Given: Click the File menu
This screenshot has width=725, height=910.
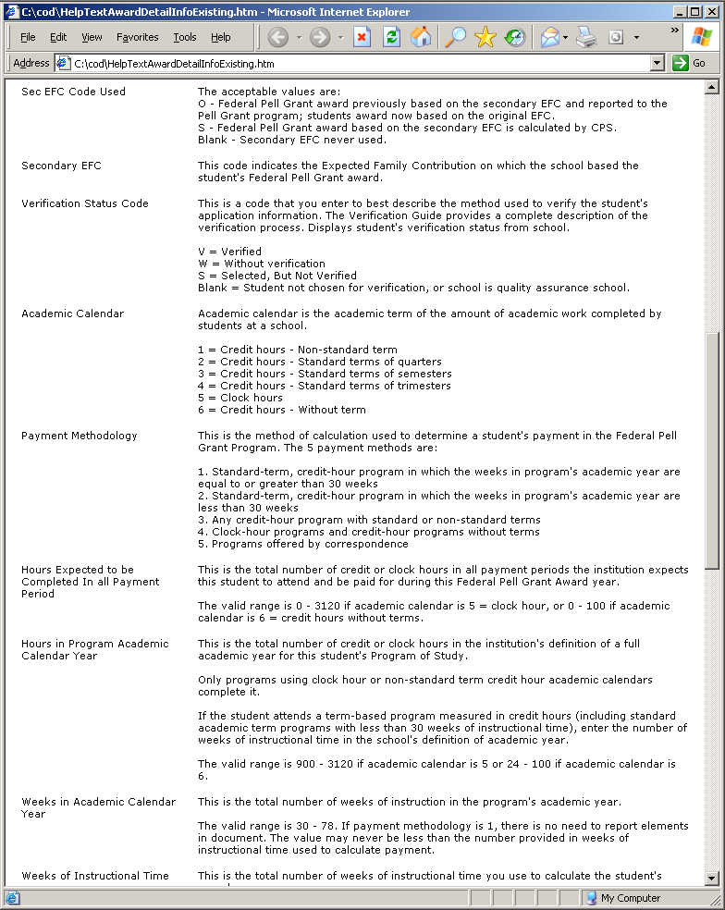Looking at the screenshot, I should [28, 37].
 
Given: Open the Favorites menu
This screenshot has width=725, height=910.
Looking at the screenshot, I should [137, 37].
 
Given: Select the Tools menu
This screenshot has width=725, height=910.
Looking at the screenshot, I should [185, 37].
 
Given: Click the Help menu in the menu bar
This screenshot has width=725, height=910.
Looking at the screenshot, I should [220, 37].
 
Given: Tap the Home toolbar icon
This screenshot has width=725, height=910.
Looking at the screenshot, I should [421, 37].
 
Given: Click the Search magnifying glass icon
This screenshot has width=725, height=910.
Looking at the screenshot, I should [455, 37].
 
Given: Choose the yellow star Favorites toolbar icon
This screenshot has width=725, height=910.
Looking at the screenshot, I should [485, 37].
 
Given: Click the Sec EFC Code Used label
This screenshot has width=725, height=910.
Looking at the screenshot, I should [73, 92].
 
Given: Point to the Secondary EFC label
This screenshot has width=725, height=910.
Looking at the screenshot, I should [61, 166].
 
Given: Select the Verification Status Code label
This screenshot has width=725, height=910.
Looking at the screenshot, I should [85, 203].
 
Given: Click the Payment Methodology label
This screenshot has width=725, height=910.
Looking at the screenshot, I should [79, 436].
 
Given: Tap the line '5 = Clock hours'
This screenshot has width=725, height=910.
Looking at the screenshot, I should [240, 398].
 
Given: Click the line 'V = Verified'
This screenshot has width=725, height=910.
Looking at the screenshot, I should [229, 252].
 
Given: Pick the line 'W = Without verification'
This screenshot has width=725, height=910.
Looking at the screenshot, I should [262, 264].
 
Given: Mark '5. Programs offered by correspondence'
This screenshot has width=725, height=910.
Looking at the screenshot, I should [302, 544].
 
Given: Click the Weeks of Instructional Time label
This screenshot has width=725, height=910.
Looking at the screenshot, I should [95, 876].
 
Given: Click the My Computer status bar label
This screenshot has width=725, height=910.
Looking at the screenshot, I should [630, 898].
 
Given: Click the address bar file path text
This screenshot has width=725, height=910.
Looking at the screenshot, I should [175, 64].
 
